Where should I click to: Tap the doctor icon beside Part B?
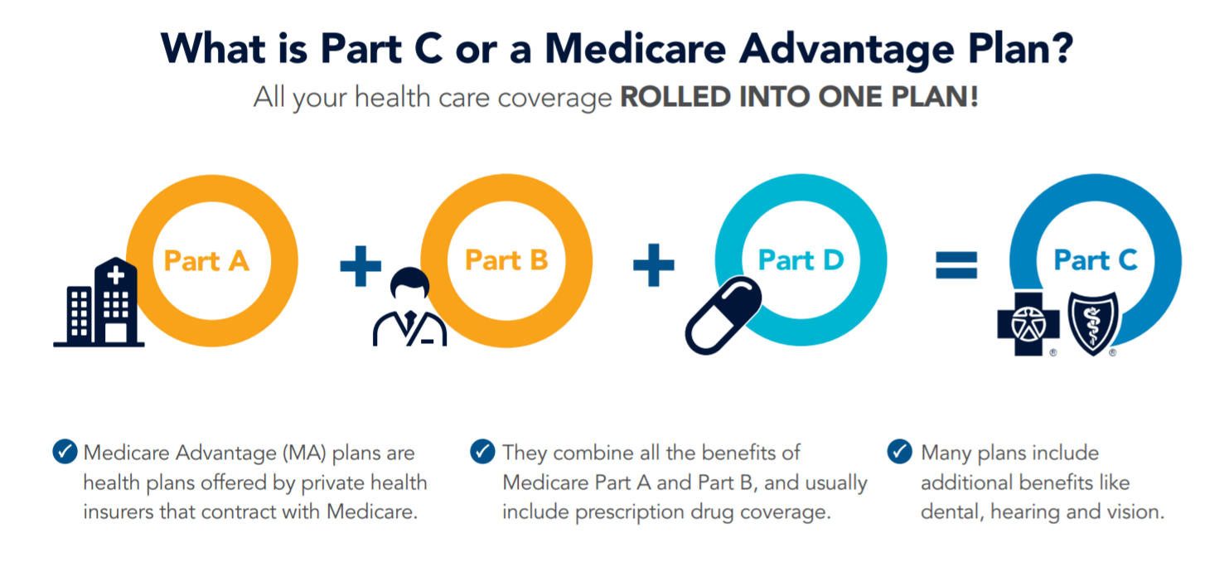pos(409,308)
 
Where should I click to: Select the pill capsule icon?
pos(723,315)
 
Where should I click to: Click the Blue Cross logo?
pos(1028,324)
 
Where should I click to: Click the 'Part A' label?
pos(207,261)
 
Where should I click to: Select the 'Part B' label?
pos(506,260)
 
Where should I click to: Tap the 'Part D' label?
pos(801,260)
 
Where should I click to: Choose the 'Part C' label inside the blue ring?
pos(1096,260)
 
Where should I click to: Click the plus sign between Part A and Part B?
pos(360,266)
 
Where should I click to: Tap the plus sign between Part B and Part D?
pos(654,265)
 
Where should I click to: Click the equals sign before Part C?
pos(956,265)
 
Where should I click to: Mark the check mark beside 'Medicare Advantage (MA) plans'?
pos(65,452)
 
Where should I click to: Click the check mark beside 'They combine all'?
pos(483,452)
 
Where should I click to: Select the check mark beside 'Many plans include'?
pos(900,452)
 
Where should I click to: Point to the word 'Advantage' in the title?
pos(847,51)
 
